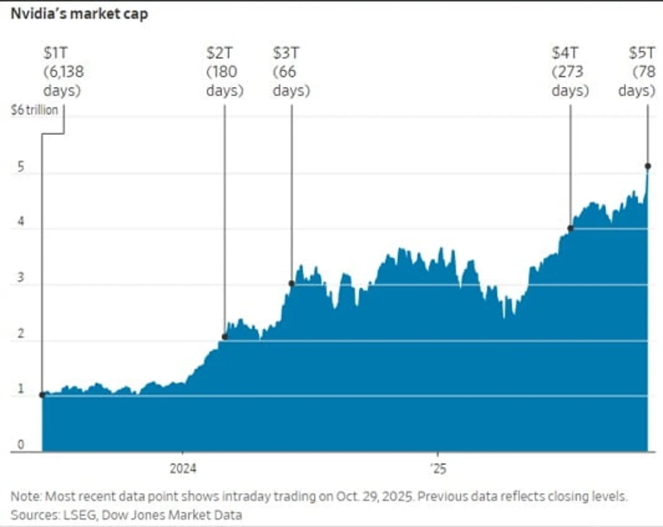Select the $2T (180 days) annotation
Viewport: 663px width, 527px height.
click(x=225, y=71)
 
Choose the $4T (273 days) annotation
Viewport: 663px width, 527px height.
click(x=570, y=71)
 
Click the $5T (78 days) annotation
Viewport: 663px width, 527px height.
click(x=636, y=71)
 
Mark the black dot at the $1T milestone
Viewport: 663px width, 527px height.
click(x=42, y=394)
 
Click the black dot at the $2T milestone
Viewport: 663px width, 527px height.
click(x=225, y=336)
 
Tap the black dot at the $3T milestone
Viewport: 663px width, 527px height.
click(x=292, y=283)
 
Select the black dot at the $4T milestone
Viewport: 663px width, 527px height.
click(x=570, y=228)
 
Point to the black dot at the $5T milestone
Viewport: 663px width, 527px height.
click(x=647, y=167)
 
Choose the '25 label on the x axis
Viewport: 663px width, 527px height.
click(x=438, y=468)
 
